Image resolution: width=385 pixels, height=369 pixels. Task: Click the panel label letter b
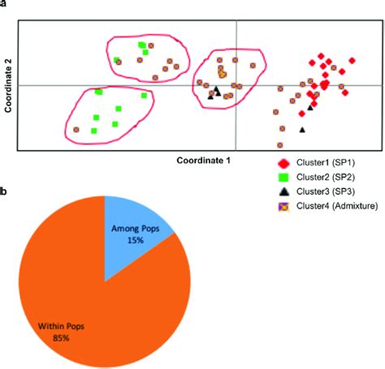pyautogui.click(x=4, y=192)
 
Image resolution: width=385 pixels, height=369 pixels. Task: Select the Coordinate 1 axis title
pyautogui.click(x=204, y=160)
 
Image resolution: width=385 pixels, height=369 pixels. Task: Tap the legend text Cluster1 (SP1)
pyautogui.click(x=326, y=163)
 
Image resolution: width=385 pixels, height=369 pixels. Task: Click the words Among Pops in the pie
pyautogui.click(x=132, y=230)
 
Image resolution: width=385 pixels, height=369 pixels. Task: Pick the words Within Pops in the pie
pyautogui.click(x=55, y=327)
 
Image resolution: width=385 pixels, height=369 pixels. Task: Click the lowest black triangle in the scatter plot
pyautogui.click(x=302, y=129)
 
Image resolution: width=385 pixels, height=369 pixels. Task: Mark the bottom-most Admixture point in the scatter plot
pyautogui.click(x=279, y=145)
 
